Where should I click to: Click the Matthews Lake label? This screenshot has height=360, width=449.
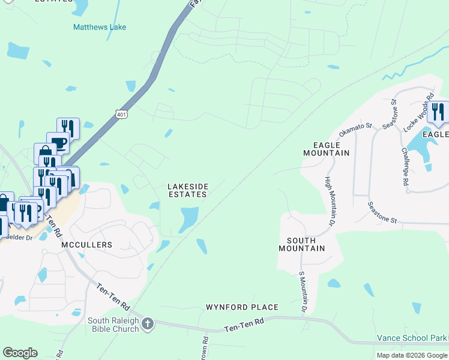click(100, 27)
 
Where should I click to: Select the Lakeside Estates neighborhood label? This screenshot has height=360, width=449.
click(187, 191)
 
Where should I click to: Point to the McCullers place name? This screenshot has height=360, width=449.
click(86, 245)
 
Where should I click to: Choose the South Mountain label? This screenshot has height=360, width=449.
click(301, 244)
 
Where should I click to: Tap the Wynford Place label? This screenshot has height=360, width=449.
click(242, 307)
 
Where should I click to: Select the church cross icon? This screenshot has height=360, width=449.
click(148, 325)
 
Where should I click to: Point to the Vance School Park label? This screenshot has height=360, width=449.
click(412, 338)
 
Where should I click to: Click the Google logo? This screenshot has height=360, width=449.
click(20, 352)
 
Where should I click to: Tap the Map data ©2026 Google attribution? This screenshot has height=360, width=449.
click(412, 355)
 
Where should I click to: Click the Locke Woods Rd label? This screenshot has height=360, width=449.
click(419, 112)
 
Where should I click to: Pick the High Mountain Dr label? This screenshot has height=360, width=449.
click(329, 201)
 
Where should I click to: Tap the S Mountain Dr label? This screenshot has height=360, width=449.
click(302, 292)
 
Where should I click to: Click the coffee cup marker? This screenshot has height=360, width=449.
click(58, 142)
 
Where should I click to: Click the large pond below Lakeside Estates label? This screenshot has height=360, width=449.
click(188, 218)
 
